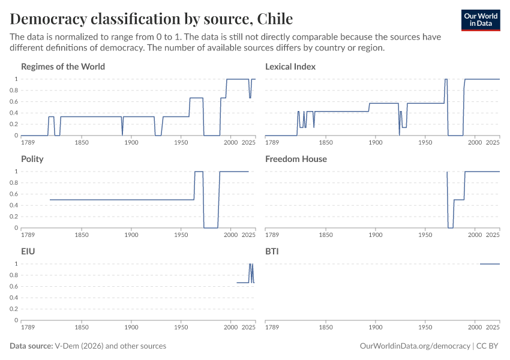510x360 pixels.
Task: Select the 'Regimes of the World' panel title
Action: click(63, 67)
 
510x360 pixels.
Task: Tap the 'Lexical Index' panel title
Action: click(290, 67)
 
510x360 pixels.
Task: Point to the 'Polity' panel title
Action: click(32, 159)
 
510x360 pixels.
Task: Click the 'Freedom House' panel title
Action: click(296, 159)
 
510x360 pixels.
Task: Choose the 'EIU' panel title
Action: click(28, 251)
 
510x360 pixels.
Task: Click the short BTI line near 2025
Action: click(490, 264)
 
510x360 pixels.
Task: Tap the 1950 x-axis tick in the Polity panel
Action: click(181, 235)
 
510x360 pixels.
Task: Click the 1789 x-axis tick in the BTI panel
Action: click(272, 328)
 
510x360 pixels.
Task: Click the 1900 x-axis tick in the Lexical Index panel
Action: click(376, 143)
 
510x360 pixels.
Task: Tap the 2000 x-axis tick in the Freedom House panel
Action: click(475, 235)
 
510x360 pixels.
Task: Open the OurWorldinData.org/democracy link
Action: click(415, 346)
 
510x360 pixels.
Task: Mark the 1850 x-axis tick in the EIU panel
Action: click(82, 328)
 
